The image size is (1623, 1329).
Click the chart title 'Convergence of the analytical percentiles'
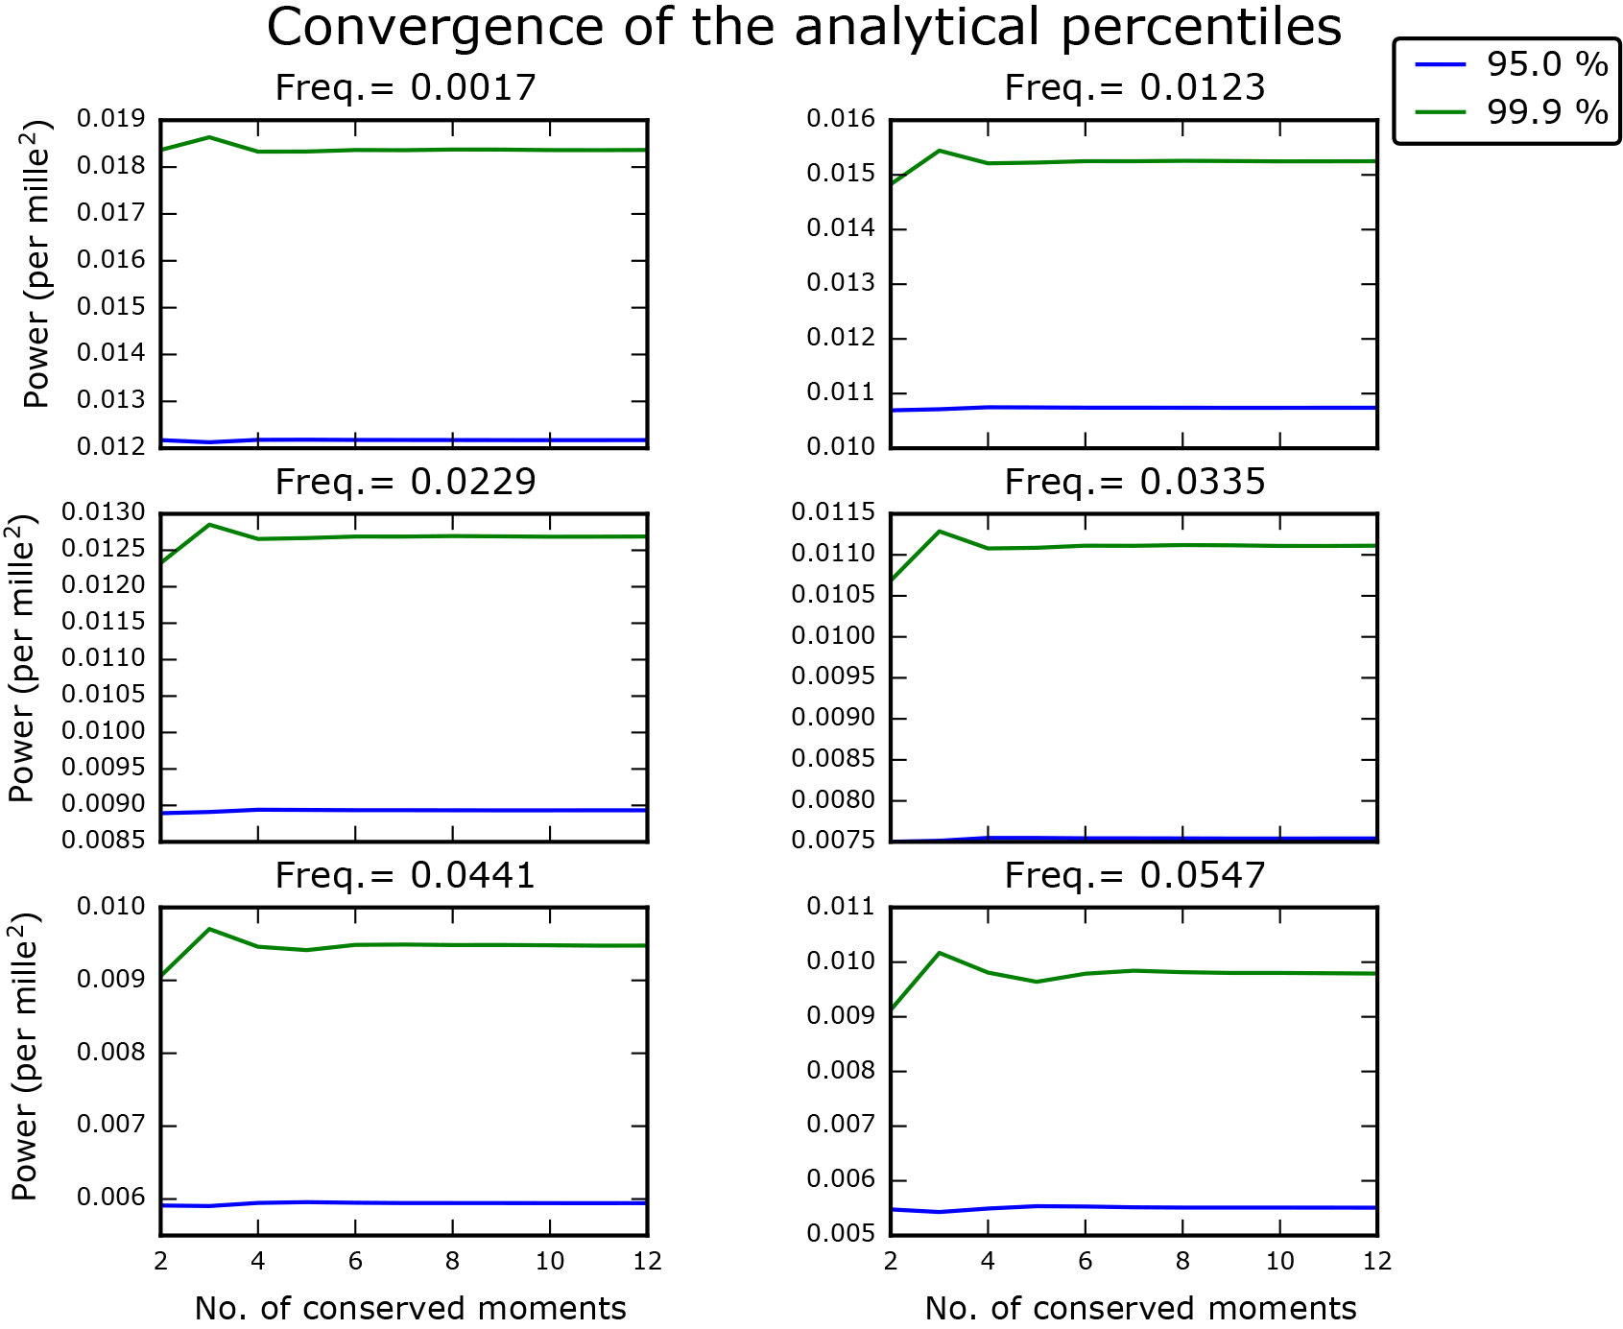click(803, 27)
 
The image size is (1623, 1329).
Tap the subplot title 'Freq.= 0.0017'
click(405, 87)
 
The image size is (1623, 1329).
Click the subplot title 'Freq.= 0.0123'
click(1134, 87)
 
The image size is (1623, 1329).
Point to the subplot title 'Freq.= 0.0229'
click(405, 482)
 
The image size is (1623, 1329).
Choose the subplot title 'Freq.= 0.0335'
click(1134, 482)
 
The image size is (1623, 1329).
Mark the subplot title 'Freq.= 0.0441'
click(405, 875)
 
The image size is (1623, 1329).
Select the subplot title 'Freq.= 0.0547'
click(1134, 875)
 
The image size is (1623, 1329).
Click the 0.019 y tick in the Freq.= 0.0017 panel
click(111, 120)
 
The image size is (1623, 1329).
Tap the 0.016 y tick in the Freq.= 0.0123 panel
click(841, 120)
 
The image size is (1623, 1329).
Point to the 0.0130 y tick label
click(104, 513)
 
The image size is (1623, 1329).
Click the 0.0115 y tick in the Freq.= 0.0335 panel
click(833, 513)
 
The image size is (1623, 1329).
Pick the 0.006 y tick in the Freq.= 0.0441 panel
click(111, 1198)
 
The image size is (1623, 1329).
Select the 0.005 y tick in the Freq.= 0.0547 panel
click(841, 1234)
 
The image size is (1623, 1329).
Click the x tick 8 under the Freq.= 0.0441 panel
click(452, 1261)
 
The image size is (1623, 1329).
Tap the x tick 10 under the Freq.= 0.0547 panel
click(1279, 1261)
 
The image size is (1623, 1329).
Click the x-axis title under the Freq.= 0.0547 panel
click(1140, 1308)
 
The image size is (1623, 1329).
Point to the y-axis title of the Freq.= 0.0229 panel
click(23, 658)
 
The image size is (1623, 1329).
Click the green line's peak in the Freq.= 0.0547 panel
click(940, 953)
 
